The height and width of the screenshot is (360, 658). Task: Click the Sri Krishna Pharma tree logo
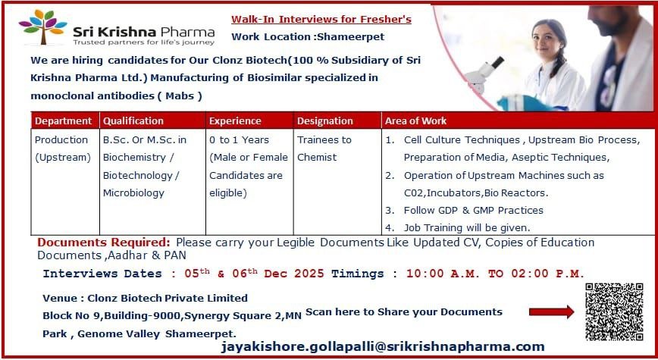[x=43, y=28]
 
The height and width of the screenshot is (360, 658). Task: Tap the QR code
[x=614, y=312]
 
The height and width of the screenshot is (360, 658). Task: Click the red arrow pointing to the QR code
[x=551, y=311]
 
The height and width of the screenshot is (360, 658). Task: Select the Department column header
[x=64, y=121]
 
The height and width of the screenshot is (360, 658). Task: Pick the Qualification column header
[x=133, y=121]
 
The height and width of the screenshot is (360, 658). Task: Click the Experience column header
[x=235, y=121]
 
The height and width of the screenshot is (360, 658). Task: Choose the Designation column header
[x=325, y=121]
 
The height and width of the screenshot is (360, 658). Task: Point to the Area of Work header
[x=416, y=121]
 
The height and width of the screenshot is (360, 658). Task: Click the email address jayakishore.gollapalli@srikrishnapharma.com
[x=383, y=346]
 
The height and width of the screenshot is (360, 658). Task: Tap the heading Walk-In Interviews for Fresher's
[x=322, y=18]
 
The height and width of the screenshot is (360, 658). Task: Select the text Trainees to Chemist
[x=324, y=149]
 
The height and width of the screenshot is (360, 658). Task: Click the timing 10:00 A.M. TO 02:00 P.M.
[x=495, y=274]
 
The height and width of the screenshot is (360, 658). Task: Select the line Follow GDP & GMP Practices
[x=473, y=210]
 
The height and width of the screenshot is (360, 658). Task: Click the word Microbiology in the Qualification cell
[x=133, y=193]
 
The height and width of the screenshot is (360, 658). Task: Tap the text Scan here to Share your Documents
[x=403, y=311]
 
